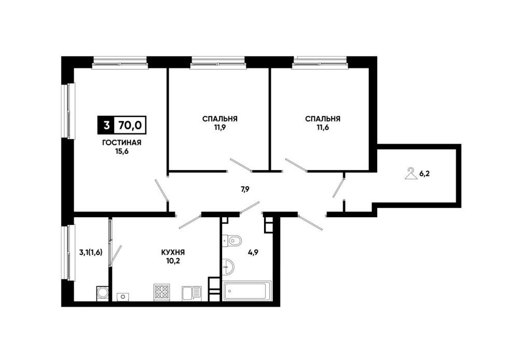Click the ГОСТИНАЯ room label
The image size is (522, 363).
[x=121, y=143]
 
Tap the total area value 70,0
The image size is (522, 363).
[x=130, y=125]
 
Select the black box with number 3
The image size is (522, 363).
[x=106, y=125]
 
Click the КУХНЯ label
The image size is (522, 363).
[x=173, y=253]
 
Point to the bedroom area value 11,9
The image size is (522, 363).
[x=220, y=128]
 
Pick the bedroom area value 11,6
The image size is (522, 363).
[x=323, y=128]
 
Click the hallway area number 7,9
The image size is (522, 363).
[x=245, y=189]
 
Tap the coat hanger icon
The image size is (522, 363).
[x=411, y=174]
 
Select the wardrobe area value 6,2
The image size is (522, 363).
[x=424, y=174]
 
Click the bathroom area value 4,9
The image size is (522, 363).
[x=253, y=252]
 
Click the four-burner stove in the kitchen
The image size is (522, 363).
[x=162, y=292]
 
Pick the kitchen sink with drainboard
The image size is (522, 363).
[x=191, y=294]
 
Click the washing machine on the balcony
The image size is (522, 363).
[x=103, y=293]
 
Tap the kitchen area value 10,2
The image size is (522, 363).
[x=173, y=261]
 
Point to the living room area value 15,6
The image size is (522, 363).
[x=121, y=151]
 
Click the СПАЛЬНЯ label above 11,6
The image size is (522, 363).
[x=323, y=119]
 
